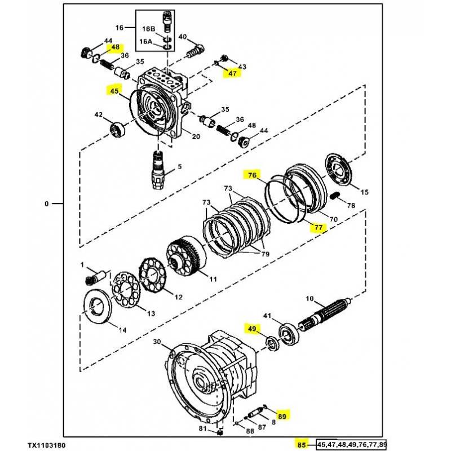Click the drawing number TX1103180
(46, 445)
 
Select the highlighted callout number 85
(302, 445)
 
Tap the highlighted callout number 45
(114, 91)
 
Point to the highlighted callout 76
(252, 175)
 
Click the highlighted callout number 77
(319, 228)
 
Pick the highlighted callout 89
(282, 416)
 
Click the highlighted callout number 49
(252, 328)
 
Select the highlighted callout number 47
(232, 73)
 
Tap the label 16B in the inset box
(148, 29)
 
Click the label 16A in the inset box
(145, 42)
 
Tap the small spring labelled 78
(335, 196)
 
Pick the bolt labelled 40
(196, 51)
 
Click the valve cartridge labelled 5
(158, 170)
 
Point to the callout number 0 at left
(47, 204)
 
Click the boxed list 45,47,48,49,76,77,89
(351, 445)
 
